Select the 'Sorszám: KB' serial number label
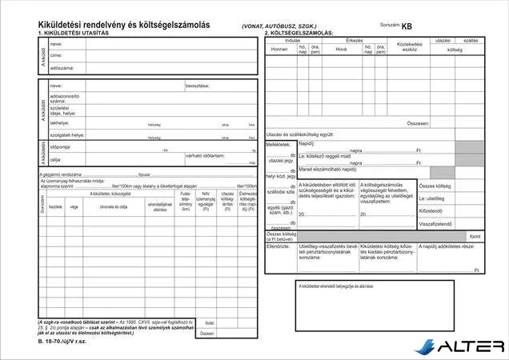point(396,26)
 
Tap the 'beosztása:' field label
point(198,85)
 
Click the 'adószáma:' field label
point(62,68)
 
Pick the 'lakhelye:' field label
point(59,123)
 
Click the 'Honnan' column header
point(279,49)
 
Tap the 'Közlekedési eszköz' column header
point(409,46)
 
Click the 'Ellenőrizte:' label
point(278,246)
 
